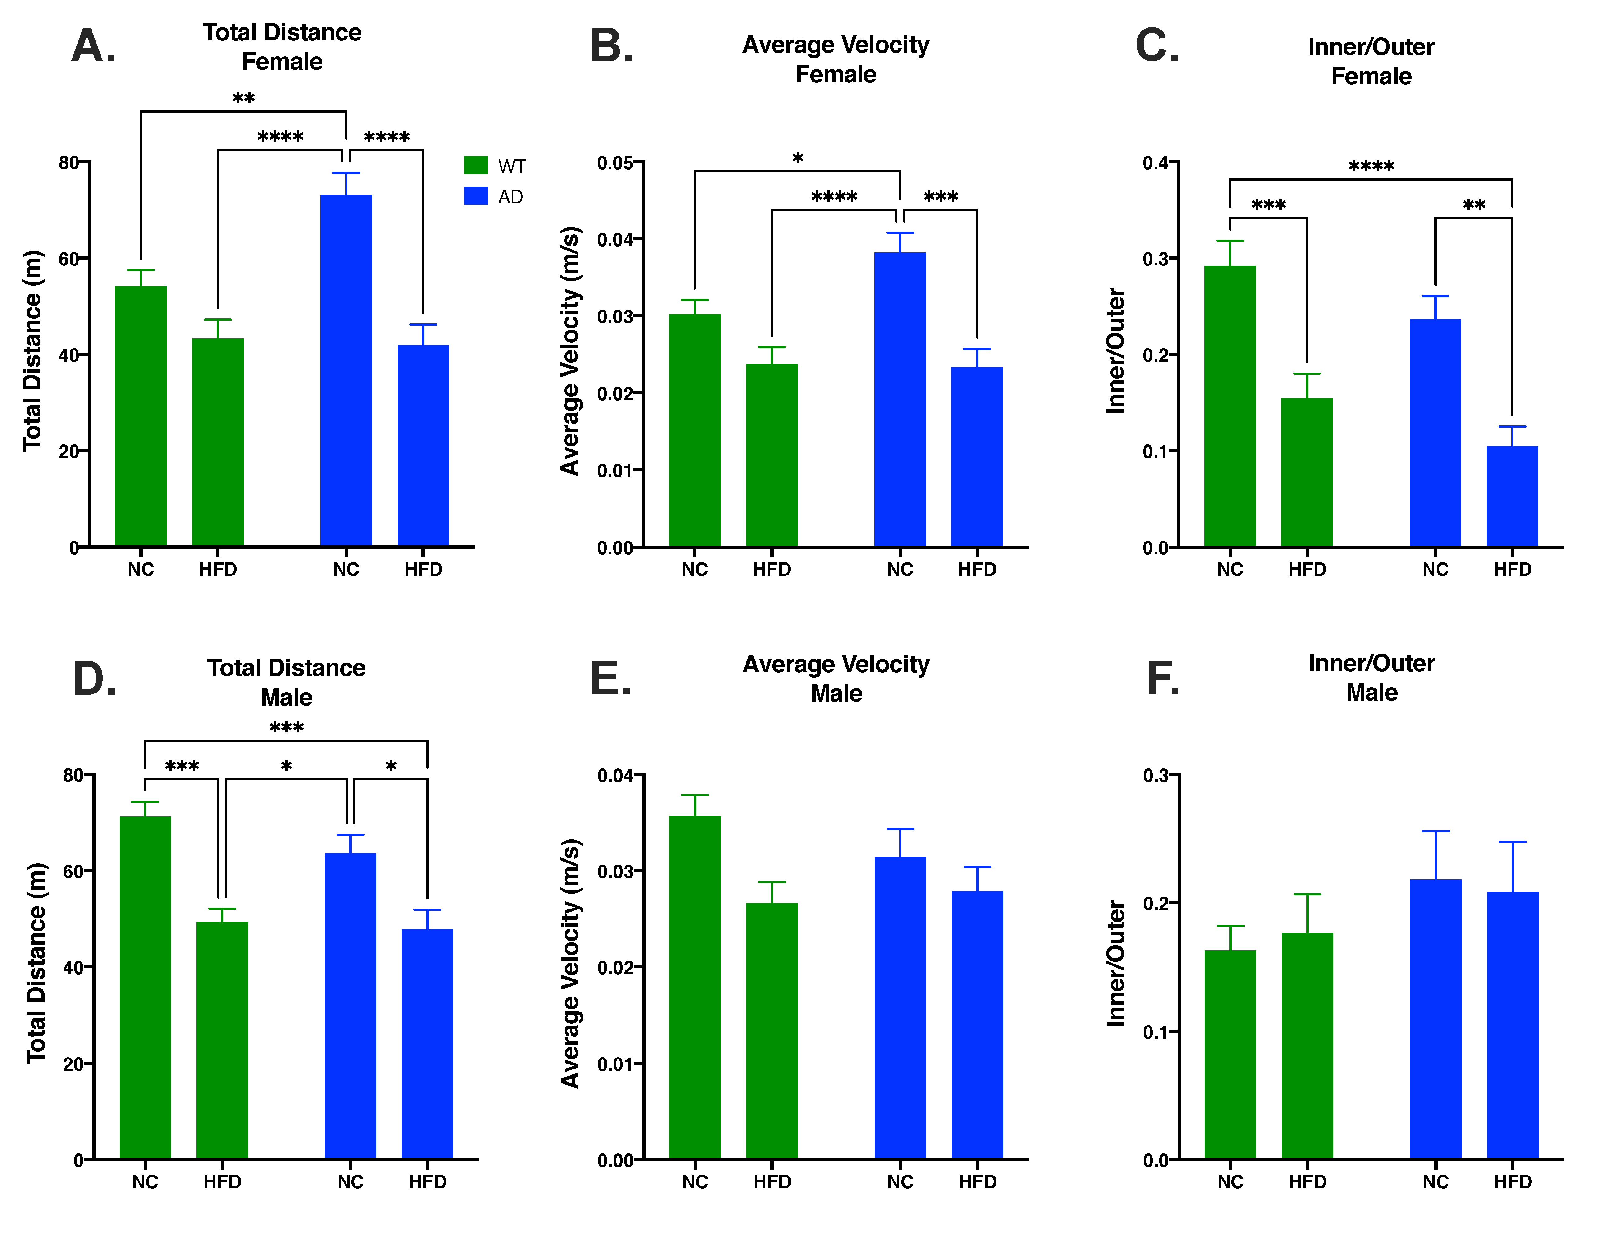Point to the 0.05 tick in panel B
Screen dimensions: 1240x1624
pos(619,162)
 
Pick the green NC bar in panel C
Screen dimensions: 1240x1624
pos(1230,406)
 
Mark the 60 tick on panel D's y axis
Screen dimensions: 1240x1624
pos(74,872)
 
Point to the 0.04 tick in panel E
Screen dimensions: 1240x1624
pos(619,776)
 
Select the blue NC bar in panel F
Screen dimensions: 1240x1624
pos(1435,1019)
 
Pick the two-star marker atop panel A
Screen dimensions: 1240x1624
pos(244,98)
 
